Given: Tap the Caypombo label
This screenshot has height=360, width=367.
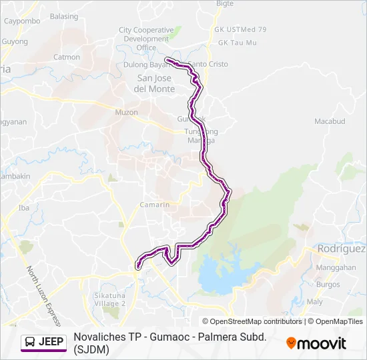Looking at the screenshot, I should point(22,21).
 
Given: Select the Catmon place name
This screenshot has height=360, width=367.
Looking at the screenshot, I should point(67,57).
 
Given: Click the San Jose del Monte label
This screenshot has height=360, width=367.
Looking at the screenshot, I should point(154,83).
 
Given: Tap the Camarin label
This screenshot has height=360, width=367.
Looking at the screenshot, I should point(154,205).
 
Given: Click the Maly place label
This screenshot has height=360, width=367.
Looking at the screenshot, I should point(315,301).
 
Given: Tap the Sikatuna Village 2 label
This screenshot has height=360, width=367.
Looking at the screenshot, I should point(110,299).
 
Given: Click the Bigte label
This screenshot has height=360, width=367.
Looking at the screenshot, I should point(225,3).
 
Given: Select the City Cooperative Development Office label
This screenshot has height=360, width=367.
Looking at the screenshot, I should point(145,39).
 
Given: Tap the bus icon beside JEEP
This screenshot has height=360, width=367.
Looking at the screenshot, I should point(31,342).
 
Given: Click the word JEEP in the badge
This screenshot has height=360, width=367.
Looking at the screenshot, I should point(51,342).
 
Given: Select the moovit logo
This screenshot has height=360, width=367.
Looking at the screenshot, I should point(316,343).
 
